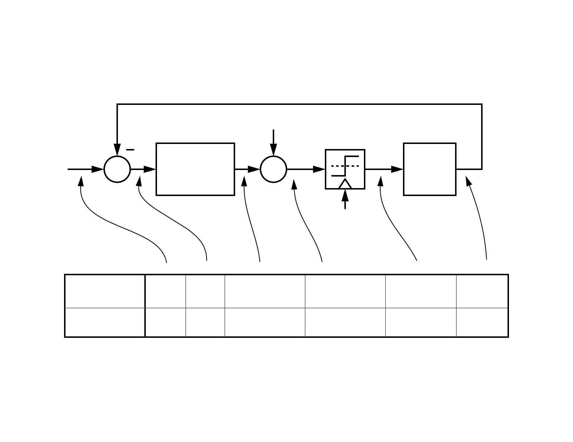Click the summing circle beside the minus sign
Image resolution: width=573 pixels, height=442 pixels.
(117, 169)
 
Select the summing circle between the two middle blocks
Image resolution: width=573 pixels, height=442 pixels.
(273, 169)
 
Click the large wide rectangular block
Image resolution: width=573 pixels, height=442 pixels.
(195, 169)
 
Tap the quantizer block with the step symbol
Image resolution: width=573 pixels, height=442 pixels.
(345, 169)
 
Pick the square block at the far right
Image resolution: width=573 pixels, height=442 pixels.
(430, 169)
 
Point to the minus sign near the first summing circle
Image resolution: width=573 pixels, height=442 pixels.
(130, 149)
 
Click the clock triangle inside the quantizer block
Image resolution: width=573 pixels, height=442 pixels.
(345, 184)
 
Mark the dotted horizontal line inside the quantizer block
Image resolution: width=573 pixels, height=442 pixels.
(345, 166)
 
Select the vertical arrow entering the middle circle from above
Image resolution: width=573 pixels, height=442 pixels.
(273, 143)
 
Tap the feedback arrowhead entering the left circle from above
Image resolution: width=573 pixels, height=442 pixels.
(117, 149)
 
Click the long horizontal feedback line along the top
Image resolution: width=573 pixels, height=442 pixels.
(300, 105)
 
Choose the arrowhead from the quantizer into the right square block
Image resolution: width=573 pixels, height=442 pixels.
(397, 169)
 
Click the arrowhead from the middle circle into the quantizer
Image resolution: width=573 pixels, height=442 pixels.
(319, 169)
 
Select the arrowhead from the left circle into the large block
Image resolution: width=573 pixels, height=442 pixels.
(150, 169)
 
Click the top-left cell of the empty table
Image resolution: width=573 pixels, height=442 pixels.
(105, 291)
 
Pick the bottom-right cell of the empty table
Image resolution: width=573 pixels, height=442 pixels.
(482, 322)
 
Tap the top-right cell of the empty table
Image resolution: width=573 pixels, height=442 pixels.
(482, 291)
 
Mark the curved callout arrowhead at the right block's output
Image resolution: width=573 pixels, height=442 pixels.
(469, 180)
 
